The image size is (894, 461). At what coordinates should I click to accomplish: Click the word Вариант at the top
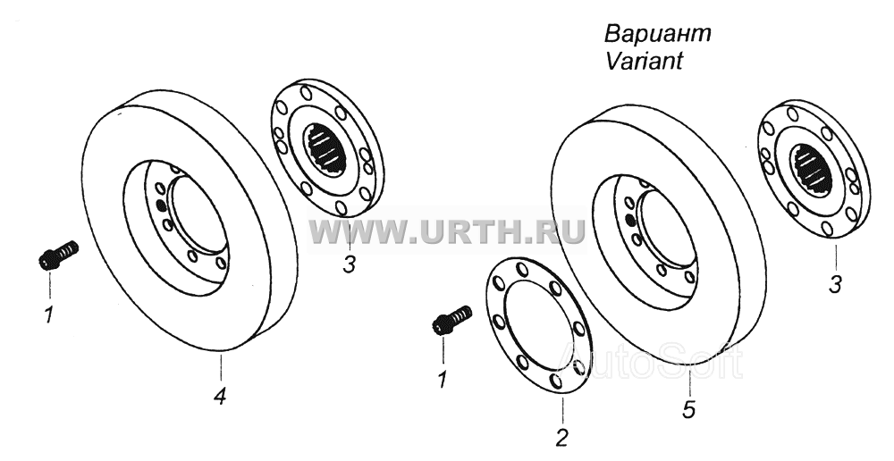[658, 34]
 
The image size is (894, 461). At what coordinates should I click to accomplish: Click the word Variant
[644, 61]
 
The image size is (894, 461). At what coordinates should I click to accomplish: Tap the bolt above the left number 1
[58, 256]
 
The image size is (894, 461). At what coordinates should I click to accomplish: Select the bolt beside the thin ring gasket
[452, 320]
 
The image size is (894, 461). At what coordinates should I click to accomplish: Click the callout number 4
[220, 396]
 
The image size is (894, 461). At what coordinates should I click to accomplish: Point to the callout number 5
[689, 410]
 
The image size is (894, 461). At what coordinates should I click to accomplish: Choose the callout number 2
[561, 438]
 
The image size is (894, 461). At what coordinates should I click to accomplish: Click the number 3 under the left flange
[349, 264]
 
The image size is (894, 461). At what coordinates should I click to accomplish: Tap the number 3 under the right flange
[835, 284]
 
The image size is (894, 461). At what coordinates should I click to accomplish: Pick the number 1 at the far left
[49, 314]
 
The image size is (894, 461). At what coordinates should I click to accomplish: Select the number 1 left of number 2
[442, 380]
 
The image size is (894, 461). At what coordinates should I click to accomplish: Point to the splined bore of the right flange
[812, 169]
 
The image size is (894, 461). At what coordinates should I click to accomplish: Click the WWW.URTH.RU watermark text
[446, 230]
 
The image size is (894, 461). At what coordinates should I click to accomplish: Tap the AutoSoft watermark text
[650, 360]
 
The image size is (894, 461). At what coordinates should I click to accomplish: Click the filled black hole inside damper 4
[161, 205]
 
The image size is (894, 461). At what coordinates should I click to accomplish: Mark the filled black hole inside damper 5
[630, 220]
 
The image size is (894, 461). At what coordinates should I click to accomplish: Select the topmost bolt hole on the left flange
[306, 93]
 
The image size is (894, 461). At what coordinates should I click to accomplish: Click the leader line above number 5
[688, 381]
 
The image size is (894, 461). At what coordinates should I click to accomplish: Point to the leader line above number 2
[562, 410]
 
